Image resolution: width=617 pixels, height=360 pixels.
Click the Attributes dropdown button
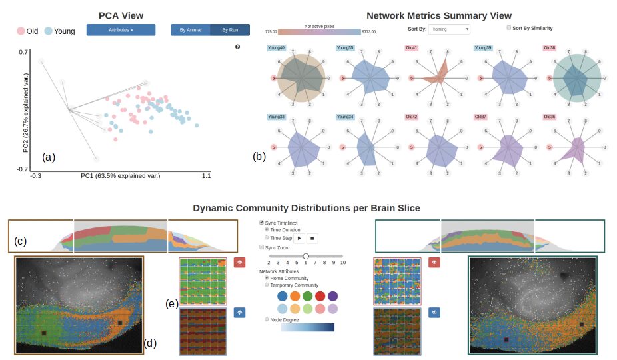(x=121, y=30)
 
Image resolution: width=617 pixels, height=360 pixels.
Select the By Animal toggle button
(x=190, y=30)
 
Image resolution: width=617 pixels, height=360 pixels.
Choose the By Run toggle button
(x=230, y=30)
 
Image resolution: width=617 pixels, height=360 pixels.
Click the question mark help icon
(x=238, y=47)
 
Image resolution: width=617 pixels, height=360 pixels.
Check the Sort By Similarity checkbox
(x=509, y=28)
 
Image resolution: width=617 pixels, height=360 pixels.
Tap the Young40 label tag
(x=276, y=48)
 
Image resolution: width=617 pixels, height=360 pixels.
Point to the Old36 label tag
(x=550, y=117)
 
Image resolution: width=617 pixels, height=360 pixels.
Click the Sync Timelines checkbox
(x=262, y=222)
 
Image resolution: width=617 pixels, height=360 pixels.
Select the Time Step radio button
(x=267, y=237)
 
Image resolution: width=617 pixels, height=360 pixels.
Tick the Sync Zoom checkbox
(x=262, y=247)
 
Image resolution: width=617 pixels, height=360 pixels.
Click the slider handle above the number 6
(x=306, y=256)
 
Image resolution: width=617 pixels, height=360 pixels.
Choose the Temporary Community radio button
(x=267, y=285)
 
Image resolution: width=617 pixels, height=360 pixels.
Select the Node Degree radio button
(x=267, y=319)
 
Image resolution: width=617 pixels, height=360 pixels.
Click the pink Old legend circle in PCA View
(x=21, y=31)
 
